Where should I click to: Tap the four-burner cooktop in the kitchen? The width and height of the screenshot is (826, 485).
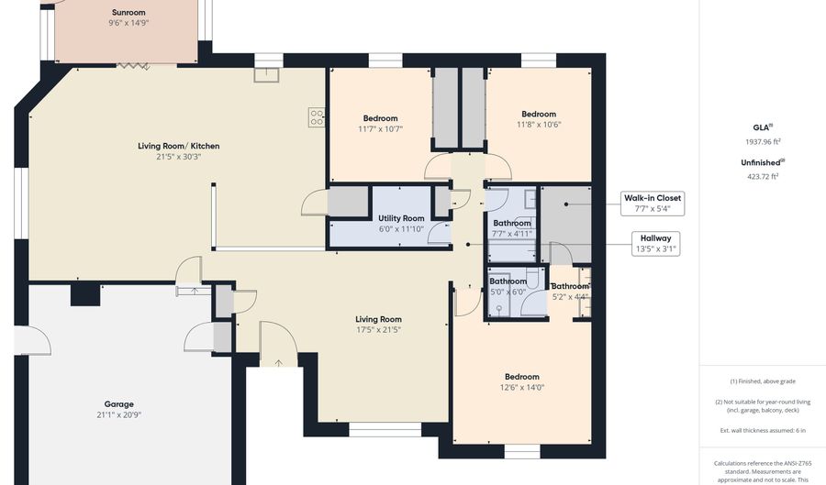[x=316, y=117]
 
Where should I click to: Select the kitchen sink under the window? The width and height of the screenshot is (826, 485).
[x=267, y=76]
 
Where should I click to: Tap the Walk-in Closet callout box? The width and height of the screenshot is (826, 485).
[x=653, y=203]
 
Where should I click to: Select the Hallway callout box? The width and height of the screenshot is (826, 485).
[x=656, y=243]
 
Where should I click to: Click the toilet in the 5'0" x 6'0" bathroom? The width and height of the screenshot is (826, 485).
[x=498, y=308]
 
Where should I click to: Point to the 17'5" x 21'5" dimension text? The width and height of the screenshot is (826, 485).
[x=379, y=329]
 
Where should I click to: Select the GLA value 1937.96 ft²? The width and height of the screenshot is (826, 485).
[x=763, y=142]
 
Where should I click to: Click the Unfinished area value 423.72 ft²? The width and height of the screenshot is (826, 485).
[x=763, y=176]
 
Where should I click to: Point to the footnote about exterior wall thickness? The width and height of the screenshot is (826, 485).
[x=763, y=430]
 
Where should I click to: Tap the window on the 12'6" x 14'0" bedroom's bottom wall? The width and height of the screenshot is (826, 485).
[x=521, y=451]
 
